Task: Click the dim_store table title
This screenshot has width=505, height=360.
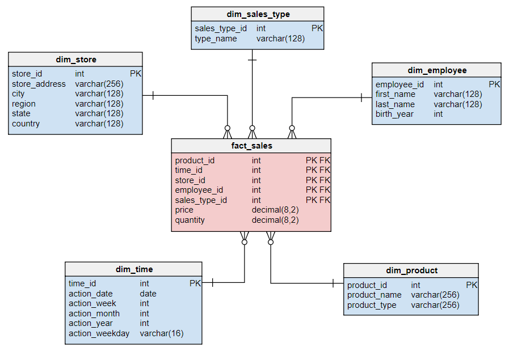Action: [75, 60]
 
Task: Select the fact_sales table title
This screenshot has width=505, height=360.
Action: [251, 146]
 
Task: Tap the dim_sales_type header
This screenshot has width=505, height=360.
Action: [257, 14]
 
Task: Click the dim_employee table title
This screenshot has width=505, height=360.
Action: [437, 70]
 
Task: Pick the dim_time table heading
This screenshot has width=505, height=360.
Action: [134, 269]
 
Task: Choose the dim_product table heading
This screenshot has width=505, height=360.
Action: [411, 270]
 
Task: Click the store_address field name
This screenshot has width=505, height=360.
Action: [39, 84]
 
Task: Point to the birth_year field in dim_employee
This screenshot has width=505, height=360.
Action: [394, 114]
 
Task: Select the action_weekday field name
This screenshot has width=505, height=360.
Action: [99, 333]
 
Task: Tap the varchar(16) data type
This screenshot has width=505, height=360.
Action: [162, 333]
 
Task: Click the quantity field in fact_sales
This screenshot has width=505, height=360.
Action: [190, 220]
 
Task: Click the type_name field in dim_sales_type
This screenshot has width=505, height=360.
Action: [216, 39]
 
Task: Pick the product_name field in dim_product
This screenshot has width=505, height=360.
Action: [374, 295]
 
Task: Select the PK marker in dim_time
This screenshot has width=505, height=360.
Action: [195, 283]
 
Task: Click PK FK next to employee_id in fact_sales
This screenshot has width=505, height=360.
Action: [318, 190]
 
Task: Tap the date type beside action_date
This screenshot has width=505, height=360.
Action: [148, 294]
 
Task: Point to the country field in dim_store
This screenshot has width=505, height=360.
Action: [26, 124]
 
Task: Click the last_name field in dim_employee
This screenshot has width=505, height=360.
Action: [395, 104]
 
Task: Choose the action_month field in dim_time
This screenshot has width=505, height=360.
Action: [94, 314]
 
